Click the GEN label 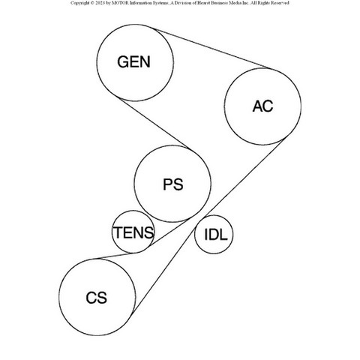click(134, 62)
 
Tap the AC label click(262, 106)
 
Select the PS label click(173, 184)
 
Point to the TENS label click(133, 232)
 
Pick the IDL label click(216, 235)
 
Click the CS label click(96, 298)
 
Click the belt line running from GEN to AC click(211, 48)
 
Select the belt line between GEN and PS click(154, 124)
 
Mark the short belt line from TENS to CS click(115, 256)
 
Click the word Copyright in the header click(79, 3)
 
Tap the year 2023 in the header click(100, 3)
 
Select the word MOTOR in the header click(119, 3)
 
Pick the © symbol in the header click(91, 3)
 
